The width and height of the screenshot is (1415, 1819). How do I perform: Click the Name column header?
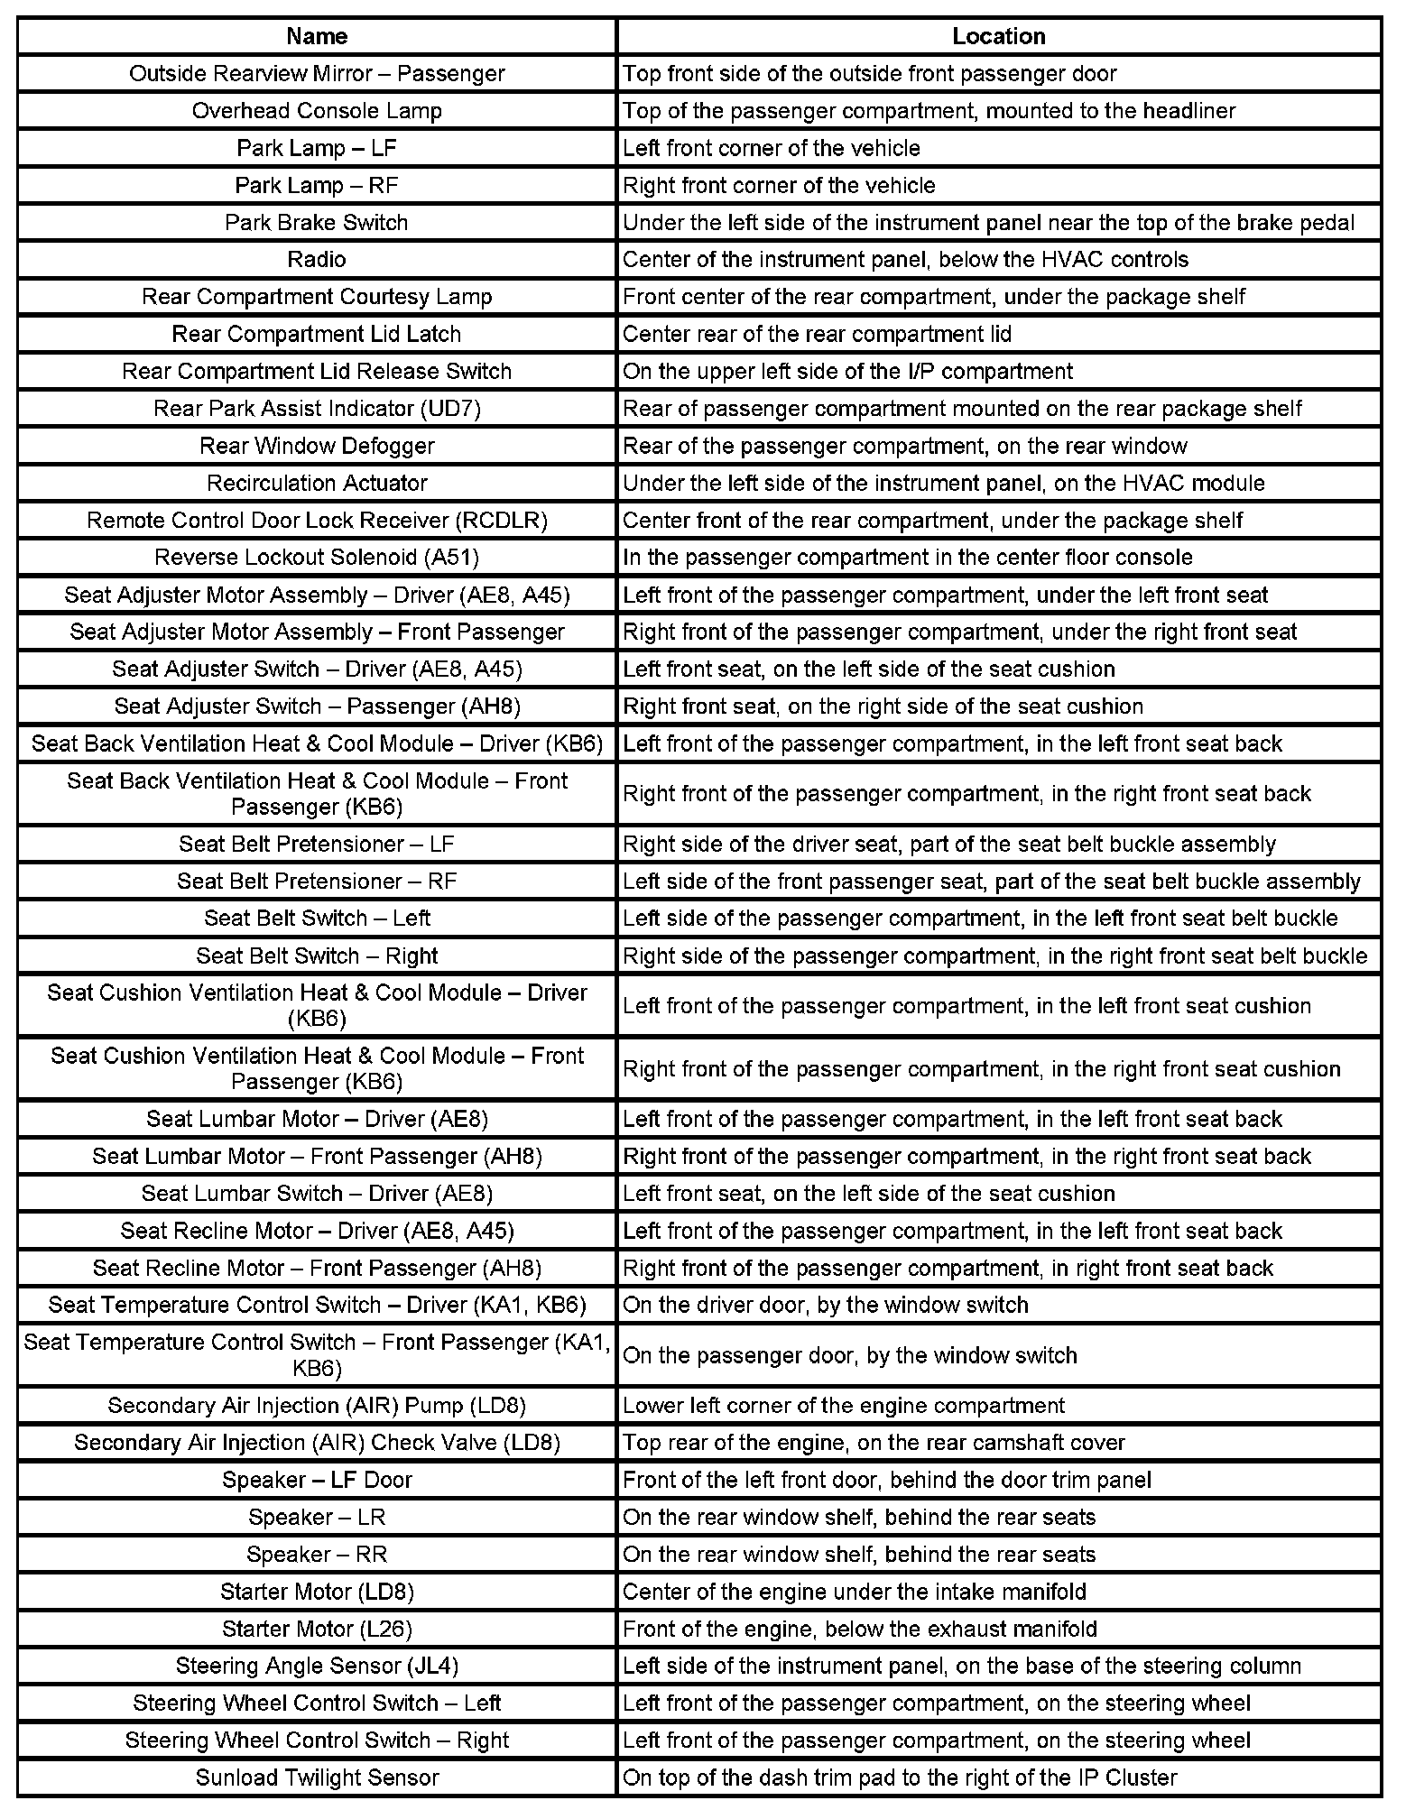point(317,36)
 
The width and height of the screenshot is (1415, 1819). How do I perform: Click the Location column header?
point(998,36)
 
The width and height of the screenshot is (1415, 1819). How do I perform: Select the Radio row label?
point(317,260)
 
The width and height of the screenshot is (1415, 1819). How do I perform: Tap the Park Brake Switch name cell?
point(317,223)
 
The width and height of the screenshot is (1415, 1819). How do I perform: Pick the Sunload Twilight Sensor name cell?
point(317,1777)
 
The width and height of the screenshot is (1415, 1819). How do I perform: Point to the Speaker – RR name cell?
point(317,1554)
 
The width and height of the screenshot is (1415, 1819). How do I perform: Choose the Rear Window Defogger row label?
point(317,446)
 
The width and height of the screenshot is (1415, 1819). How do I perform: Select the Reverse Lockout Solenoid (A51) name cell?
point(317,558)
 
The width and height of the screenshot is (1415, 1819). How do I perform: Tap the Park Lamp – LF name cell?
point(317,148)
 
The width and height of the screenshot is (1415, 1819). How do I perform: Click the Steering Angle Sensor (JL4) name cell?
point(317,1666)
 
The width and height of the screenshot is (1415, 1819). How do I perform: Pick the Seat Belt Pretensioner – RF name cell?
point(317,881)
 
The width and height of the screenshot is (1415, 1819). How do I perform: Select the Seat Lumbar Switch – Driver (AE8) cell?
point(317,1194)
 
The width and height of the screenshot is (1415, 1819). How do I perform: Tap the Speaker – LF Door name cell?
point(317,1480)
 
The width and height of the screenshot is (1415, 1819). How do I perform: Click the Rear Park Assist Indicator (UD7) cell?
point(317,409)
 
